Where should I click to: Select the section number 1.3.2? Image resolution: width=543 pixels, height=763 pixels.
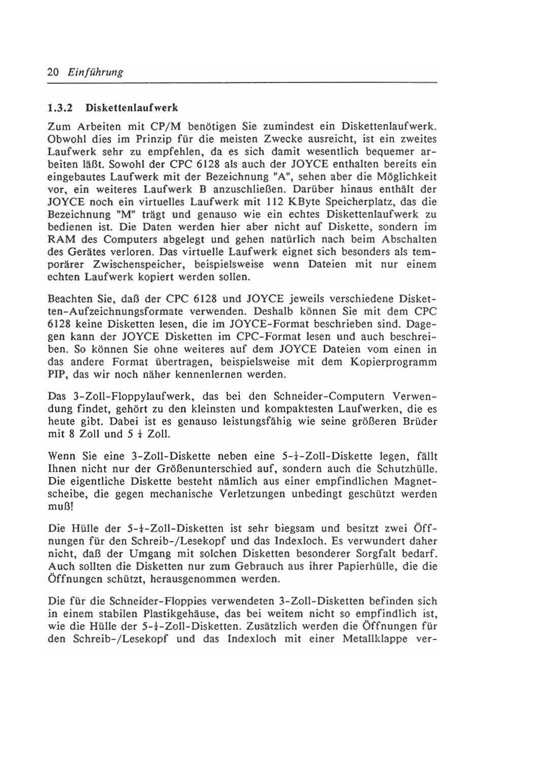pyautogui.click(x=60, y=108)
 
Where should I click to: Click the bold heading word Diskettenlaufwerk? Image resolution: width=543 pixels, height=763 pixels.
pyautogui.click(x=132, y=108)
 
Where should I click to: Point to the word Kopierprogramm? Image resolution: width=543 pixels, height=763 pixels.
pyautogui.click(x=398, y=363)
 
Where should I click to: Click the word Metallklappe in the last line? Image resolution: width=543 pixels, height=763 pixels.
pyautogui.click(x=375, y=639)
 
